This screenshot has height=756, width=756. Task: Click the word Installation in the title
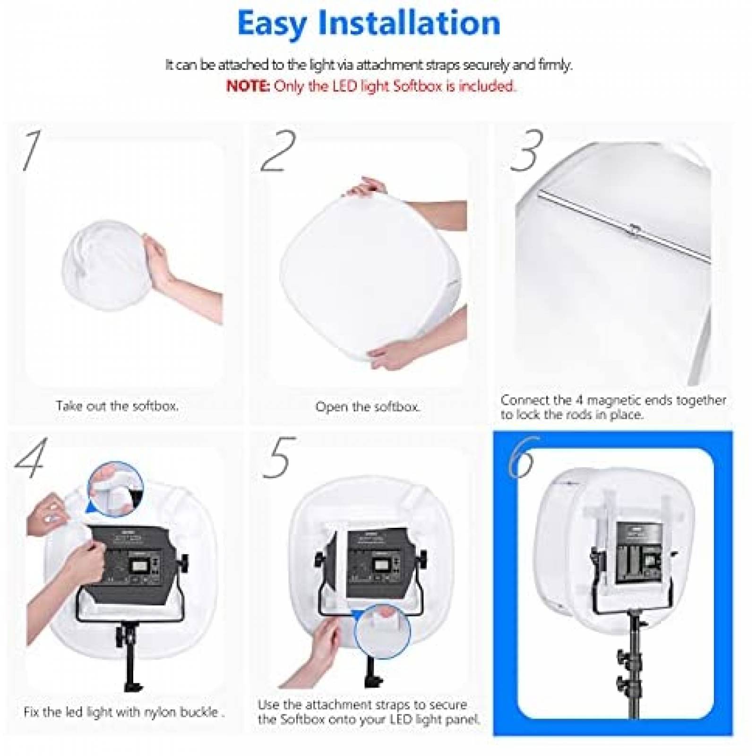click(x=409, y=23)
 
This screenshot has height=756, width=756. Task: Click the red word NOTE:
click(x=248, y=86)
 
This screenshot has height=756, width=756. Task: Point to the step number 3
click(x=526, y=150)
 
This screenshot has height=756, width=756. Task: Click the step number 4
click(x=31, y=457)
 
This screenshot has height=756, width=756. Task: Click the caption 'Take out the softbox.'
click(x=117, y=406)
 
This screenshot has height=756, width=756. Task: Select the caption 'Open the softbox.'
click(x=367, y=407)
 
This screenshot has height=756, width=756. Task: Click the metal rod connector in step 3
click(x=635, y=230)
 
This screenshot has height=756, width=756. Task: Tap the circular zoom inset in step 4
click(x=115, y=490)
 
